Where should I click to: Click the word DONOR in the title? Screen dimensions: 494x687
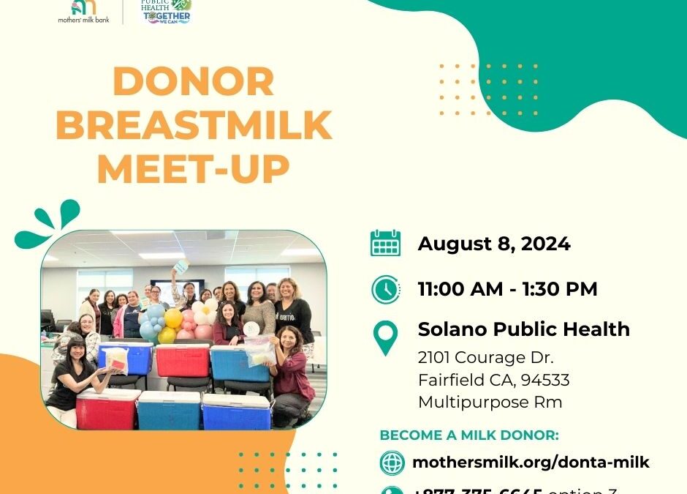(194, 82)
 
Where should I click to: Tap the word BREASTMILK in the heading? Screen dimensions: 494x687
(194, 125)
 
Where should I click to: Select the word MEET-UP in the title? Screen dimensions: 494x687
(194, 168)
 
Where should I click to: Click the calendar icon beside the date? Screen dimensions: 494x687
(385, 243)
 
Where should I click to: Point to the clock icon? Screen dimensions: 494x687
(385, 289)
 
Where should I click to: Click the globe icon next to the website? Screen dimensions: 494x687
(392, 463)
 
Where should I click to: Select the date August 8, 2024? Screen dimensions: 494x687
(494, 244)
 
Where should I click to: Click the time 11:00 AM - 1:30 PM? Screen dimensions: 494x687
(507, 289)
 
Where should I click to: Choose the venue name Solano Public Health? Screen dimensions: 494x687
(523, 329)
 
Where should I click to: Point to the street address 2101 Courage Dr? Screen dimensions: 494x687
(486, 358)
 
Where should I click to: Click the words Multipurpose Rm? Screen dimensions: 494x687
(490, 402)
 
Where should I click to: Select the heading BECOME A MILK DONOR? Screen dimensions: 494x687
(469, 435)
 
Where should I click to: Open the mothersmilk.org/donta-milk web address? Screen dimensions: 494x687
(531, 463)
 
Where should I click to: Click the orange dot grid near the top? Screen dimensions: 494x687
(489, 90)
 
